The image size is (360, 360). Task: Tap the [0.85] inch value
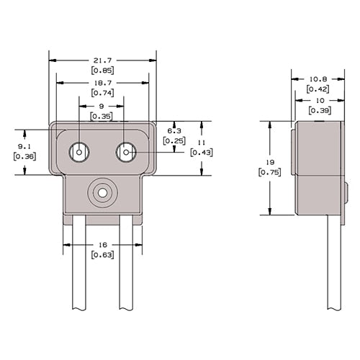(x=102, y=71)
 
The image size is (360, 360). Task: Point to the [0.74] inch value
(x=102, y=93)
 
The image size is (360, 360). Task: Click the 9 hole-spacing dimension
(x=101, y=107)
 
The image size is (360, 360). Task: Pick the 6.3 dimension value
(x=174, y=130)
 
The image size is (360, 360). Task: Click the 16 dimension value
(x=102, y=246)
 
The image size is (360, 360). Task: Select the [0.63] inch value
(x=102, y=254)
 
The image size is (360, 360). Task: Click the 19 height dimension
(x=271, y=162)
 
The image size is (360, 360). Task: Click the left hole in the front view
(x=78, y=153)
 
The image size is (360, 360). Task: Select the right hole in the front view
(x=126, y=153)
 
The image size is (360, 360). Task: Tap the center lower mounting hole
(x=102, y=192)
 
